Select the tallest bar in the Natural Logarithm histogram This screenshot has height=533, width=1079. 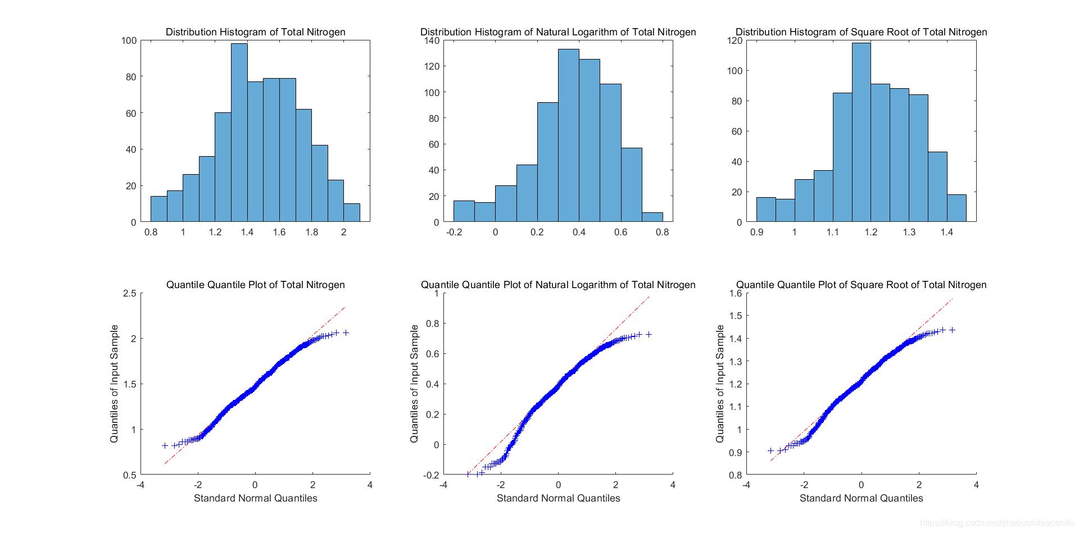point(568,135)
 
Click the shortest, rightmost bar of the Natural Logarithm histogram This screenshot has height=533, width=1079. point(652,217)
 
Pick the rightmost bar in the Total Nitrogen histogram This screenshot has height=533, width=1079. point(352,213)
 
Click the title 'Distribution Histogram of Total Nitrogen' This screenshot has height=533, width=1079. point(255,32)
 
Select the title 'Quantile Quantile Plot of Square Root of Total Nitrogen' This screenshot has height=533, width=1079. point(861,285)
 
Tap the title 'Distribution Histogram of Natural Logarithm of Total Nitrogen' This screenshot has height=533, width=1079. point(558,32)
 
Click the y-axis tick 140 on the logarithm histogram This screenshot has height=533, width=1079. point(432,40)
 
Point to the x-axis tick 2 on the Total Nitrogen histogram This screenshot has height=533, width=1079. point(344,232)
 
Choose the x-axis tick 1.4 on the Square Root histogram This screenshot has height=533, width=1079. point(947,232)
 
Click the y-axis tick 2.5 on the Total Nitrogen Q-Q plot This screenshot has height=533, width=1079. point(129,293)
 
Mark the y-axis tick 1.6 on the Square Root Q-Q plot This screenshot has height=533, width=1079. point(735,293)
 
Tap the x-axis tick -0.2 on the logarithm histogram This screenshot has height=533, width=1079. point(454,232)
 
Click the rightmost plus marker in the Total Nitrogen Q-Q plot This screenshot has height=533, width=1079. point(346,333)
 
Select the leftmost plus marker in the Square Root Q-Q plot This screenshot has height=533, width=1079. point(770,451)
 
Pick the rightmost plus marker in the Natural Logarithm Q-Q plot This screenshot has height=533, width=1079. point(649,335)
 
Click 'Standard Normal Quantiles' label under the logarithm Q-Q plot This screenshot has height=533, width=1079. point(558,498)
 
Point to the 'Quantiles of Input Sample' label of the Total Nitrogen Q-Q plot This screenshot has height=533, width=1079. point(115,384)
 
